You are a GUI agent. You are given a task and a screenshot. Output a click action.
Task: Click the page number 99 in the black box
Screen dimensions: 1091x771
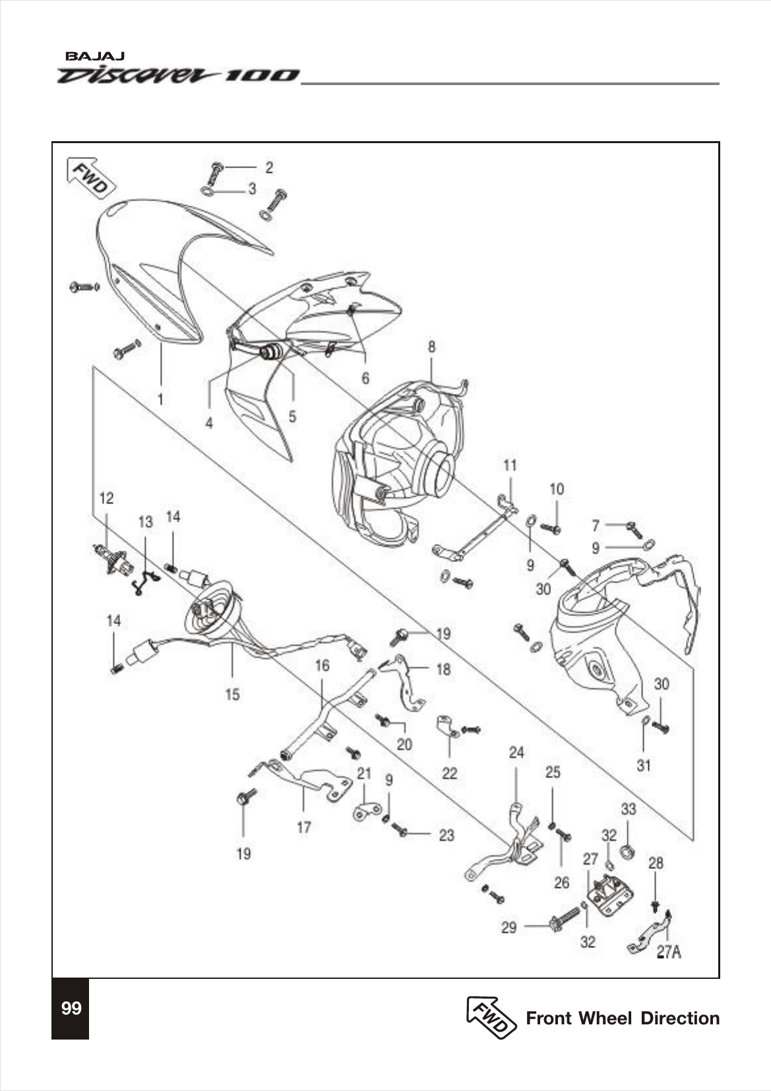71,1009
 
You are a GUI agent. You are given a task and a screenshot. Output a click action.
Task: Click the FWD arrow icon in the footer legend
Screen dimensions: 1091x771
491,1017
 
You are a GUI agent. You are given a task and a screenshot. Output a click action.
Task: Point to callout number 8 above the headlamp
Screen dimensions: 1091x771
432,346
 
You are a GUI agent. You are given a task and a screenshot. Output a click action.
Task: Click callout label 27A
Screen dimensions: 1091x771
668,952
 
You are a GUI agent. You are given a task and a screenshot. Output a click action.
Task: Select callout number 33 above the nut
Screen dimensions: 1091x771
629,809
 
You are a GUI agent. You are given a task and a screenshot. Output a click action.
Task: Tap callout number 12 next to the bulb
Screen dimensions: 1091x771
106,498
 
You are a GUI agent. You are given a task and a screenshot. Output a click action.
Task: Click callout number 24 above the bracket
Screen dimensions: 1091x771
516,753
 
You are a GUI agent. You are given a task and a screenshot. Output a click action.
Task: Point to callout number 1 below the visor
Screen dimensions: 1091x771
160,399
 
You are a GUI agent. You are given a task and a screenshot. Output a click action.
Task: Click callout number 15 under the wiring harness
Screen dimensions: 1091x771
233,694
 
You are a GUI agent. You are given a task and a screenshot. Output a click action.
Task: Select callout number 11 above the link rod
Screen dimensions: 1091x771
510,466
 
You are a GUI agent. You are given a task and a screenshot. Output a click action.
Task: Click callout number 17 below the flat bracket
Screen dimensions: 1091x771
303,826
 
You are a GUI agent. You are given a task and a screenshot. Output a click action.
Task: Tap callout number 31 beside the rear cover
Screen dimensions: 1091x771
644,765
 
